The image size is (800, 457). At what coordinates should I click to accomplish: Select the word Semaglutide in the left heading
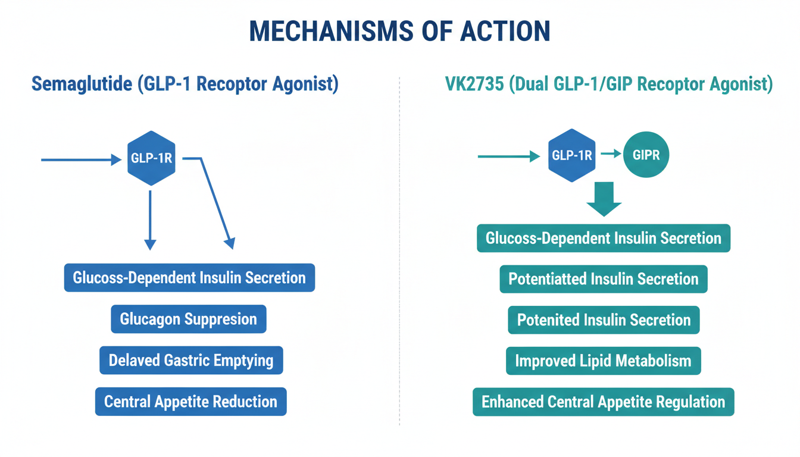pos(82,84)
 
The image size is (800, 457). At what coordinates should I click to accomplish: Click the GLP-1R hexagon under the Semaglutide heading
pos(151,158)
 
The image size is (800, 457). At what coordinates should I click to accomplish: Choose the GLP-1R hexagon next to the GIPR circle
pos(571,155)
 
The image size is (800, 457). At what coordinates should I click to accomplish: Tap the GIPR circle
pos(646,155)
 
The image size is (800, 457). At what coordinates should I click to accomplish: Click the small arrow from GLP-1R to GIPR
pos(611,154)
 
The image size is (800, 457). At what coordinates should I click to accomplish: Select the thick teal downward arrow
pos(604,199)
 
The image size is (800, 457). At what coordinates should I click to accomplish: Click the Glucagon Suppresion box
pos(188,319)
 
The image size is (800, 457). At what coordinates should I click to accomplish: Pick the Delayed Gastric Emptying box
pos(190,360)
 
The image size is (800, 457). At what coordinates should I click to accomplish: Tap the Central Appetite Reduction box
pos(190,401)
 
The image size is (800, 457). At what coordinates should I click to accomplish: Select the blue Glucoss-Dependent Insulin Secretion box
pos(189,277)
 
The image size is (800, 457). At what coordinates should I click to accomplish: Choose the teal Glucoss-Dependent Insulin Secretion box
pos(604,238)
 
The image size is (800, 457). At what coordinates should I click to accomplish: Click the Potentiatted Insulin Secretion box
pos(604,278)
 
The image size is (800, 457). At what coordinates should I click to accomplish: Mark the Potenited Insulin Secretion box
pos(604,320)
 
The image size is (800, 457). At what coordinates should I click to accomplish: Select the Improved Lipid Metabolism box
pos(604,361)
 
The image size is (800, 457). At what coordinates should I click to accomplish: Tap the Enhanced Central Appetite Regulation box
pos(604,401)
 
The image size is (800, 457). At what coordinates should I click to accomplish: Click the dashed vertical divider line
pos(399,250)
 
